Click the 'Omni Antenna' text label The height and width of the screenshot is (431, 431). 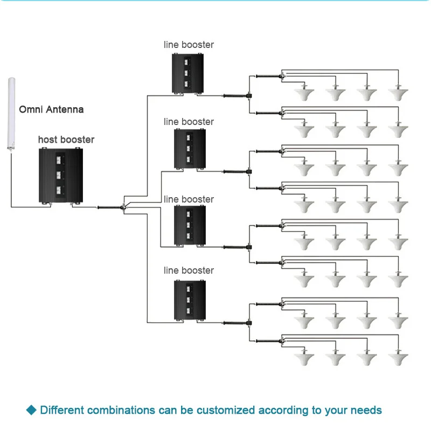pyautogui.click(x=51, y=109)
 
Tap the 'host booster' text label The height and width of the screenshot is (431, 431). pyautogui.click(x=66, y=140)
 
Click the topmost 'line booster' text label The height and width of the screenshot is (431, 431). pyautogui.click(x=189, y=45)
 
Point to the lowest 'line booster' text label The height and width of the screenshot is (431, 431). pyautogui.click(x=189, y=270)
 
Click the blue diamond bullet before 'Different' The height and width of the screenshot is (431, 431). pyautogui.click(x=31, y=410)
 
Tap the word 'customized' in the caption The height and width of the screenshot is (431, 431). pyautogui.click(x=226, y=411)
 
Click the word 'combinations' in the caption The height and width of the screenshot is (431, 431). pyautogui.click(x=120, y=411)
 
